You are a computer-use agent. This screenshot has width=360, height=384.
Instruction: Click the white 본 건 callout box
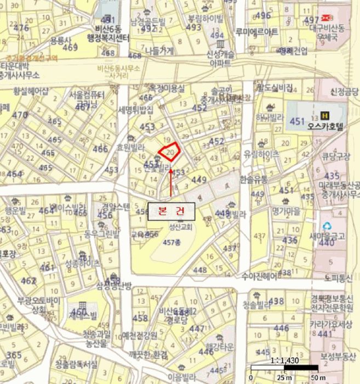(x=171, y=211)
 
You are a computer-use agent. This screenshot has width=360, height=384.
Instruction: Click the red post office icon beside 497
(x=328, y=18)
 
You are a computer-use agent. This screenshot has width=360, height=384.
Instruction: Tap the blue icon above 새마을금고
(x=327, y=225)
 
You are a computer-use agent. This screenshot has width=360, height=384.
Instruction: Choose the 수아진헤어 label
(x=260, y=275)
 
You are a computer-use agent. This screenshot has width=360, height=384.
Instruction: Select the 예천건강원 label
(x=140, y=336)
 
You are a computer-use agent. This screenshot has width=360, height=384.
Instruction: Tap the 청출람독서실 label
(x=76, y=364)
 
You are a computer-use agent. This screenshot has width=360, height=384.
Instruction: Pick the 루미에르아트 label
(x=256, y=32)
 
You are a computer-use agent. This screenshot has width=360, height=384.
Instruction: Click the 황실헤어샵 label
(x=31, y=91)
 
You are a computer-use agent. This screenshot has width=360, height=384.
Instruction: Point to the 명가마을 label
(x=284, y=210)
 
